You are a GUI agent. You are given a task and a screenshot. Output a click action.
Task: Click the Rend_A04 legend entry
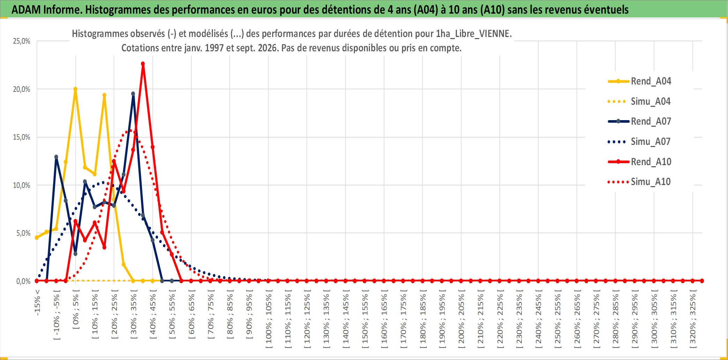(639, 81)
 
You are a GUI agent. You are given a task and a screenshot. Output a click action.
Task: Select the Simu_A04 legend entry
(639, 102)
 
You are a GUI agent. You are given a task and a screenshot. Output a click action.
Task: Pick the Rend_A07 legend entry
(639, 122)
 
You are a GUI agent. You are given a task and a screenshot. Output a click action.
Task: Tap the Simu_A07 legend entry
(639, 142)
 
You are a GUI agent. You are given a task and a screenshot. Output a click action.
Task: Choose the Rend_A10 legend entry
(639, 162)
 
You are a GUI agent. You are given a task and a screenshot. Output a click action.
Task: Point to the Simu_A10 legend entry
(639, 182)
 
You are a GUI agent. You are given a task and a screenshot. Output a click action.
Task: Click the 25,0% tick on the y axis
(22, 41)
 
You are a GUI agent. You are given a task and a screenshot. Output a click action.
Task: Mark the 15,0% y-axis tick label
(22, 137)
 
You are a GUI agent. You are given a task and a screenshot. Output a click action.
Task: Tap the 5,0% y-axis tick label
(23, 233)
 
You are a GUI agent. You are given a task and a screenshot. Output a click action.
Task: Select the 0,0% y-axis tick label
(23, 281)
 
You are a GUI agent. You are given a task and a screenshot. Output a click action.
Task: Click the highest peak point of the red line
(143, 64)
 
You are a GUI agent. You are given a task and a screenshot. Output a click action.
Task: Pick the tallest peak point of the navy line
(133, 94)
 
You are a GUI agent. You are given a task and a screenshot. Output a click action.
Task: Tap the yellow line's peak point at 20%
(75, 89)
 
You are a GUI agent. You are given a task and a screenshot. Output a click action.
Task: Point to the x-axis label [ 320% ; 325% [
(693, 319)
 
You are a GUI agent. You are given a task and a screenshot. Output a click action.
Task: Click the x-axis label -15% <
(37, 302)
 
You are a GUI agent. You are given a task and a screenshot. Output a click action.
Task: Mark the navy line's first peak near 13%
(56, 157)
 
